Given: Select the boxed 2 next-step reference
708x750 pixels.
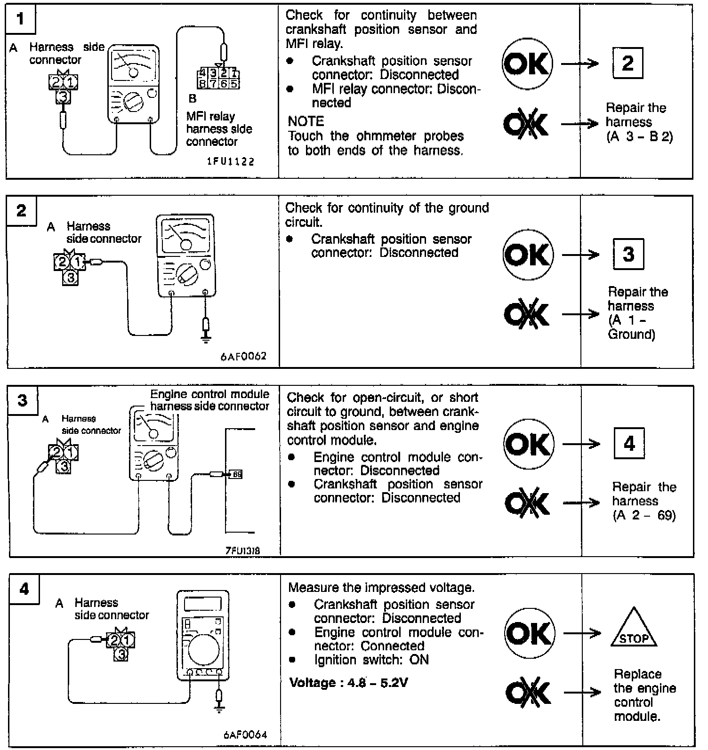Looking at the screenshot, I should [628, 63].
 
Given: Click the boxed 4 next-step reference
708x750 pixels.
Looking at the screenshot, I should [629, 444].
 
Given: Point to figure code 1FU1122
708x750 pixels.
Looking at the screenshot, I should [231, 162].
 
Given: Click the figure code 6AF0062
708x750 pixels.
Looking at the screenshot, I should [243, 356].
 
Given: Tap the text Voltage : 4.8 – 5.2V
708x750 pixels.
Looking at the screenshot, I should [348, 682].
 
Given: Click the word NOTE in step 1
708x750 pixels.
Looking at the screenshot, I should [306, 121].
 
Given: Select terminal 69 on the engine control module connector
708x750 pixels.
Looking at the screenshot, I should [236, 474].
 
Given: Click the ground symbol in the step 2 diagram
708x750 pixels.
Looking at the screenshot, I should [206, 338].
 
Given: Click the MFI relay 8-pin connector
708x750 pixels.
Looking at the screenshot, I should [219, 79].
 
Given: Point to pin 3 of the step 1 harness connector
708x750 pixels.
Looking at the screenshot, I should [62, 96].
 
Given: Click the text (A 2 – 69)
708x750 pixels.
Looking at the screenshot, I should [644, 515].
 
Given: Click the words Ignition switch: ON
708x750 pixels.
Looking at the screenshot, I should [371, 660].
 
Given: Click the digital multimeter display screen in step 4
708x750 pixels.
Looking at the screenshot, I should [203, 603].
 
